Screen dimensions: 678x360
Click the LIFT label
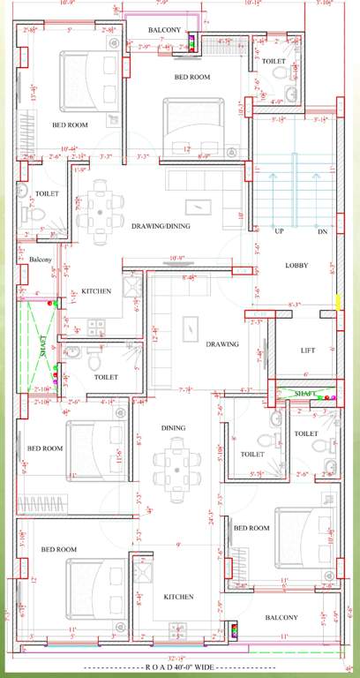tap(307, 350)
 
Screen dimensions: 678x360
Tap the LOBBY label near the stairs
tap(296, 266)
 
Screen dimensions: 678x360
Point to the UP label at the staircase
tap(279, 230)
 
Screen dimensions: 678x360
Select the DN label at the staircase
tap(321, 230)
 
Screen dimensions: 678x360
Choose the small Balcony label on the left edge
tap(41, 260)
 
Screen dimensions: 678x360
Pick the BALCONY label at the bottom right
tap(281, 617)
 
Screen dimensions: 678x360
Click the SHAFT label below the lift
tap(305, 394)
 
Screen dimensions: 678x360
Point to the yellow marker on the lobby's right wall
tap(337, 305)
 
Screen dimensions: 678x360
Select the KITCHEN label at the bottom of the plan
tap(178, 598)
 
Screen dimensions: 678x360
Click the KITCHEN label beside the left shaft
tap(95, 291)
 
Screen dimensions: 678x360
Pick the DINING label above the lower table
tap(173, 428)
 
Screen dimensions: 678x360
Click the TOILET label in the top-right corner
tap(274, 63)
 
